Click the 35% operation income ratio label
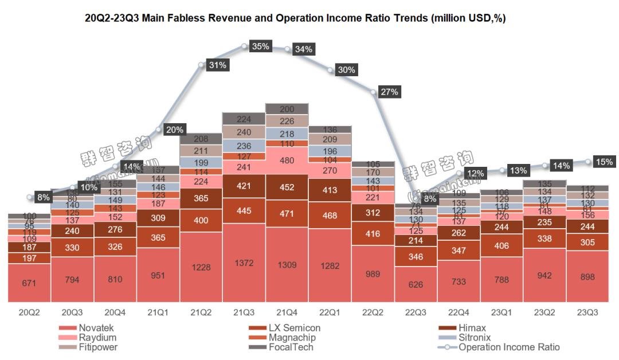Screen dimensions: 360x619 [x=261, y=46]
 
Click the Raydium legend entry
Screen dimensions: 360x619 [x=96, y=338]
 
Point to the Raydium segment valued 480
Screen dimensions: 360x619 [x=287, y=161]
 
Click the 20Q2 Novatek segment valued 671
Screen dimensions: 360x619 [x=29, y=283]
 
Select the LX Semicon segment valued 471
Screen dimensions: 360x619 [x=287, y=213]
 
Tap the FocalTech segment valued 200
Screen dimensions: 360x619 [x=287, y=109]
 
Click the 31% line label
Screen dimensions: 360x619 [x=218, y=65]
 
